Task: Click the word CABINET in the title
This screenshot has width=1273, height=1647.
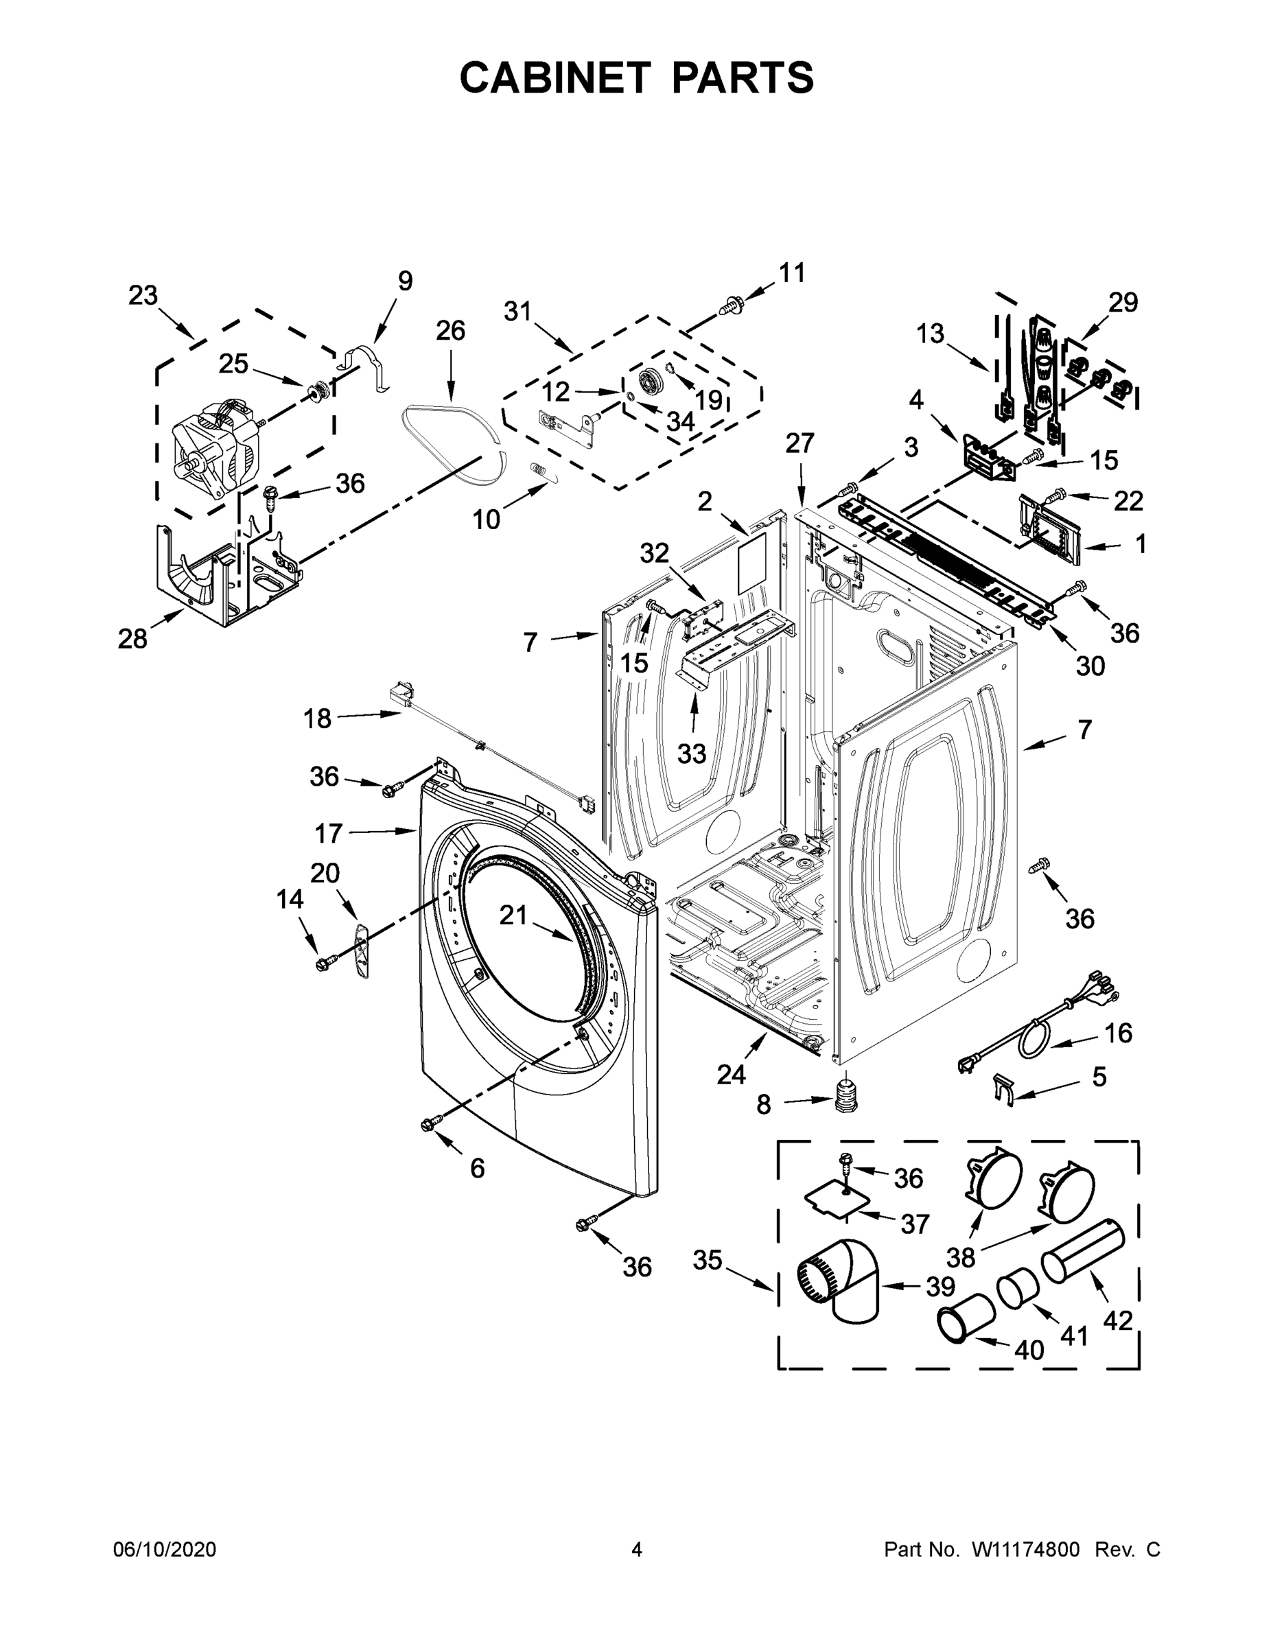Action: click(x=555, y=78)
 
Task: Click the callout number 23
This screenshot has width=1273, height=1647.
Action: click(x=143, y=296)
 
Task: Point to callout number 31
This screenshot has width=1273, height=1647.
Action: click(x=518, y=311)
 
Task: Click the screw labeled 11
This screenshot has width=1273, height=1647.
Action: click(x=729, y=306)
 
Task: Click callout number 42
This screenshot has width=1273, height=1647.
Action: click(x=1118, y=1320)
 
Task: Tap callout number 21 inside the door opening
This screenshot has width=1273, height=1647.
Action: click(x=513, y=915)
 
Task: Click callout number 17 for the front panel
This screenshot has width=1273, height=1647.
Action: click(x=329, y=833)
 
